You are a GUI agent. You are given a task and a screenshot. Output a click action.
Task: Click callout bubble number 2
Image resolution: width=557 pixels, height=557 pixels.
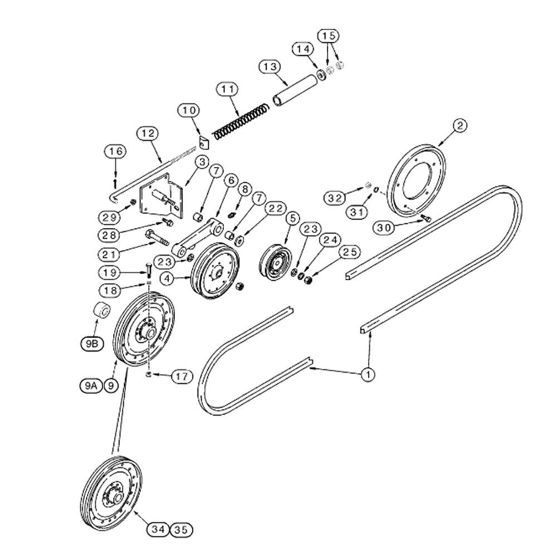pos(460,125)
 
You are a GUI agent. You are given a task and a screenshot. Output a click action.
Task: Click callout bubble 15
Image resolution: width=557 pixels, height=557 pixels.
pos(329,36)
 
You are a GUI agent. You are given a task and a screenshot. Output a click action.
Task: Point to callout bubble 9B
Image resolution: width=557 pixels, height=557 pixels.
pos(92,344)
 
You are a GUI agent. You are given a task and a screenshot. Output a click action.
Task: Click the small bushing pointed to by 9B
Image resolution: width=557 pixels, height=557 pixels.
pos(101,311)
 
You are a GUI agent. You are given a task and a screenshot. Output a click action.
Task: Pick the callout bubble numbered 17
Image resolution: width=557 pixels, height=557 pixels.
pos(182,376)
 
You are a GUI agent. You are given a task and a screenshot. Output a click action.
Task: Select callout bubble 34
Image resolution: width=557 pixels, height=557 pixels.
pos(158,530)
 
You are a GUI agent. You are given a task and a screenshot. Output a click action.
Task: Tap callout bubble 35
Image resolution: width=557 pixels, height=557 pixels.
pos(181,530)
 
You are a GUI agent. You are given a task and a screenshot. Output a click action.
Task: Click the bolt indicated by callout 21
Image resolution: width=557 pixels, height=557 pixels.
pos(157,237)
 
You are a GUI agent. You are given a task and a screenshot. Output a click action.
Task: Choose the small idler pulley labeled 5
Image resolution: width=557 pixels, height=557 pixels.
pos(275,262)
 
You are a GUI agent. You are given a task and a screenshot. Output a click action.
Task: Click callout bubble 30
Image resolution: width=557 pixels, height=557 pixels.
pos(384,228)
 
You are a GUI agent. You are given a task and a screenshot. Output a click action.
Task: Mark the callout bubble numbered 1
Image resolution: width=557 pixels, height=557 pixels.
pos(368,374)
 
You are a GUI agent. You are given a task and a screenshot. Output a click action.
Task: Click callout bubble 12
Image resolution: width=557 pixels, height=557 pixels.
pos(148,134)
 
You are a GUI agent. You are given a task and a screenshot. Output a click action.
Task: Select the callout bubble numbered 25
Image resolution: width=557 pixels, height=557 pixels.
pos(350,252)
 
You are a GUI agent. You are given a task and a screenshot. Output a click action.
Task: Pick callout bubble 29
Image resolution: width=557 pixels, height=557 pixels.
pos(109,217)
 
